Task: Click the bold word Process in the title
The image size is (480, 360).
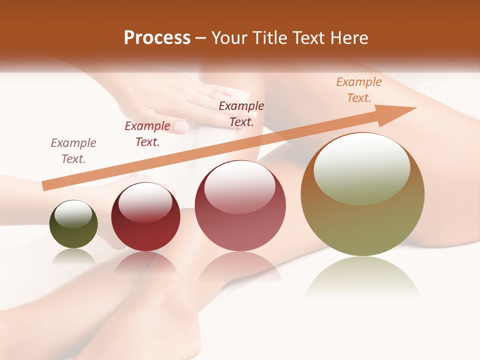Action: (x=157, y=38)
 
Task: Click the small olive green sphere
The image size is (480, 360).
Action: (x=73, y=231)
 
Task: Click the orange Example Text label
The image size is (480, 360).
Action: (x=358, y=90)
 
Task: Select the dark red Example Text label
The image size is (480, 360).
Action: (x=147, y=134)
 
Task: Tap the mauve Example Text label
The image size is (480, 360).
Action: (x=73, y=151)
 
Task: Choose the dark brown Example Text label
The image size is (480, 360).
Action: (x=241, y=113)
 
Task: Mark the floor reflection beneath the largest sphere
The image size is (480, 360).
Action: (x=362, y=277)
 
